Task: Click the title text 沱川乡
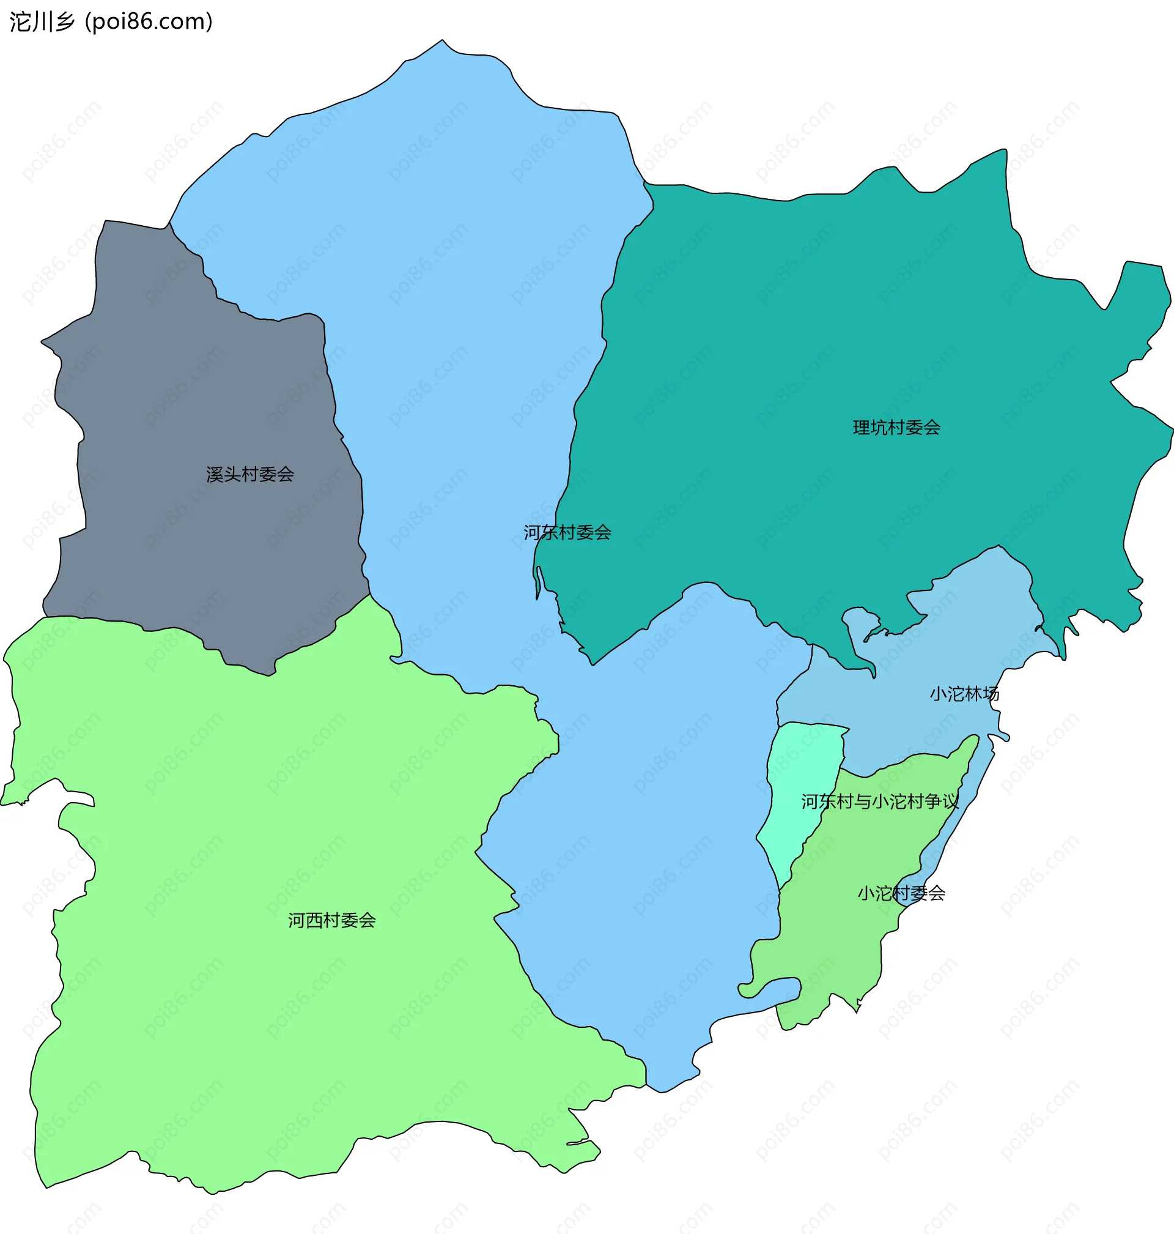click(43, 22)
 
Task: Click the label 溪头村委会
click(249, 475)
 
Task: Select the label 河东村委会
click(567, 533)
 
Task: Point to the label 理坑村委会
click(896, 428)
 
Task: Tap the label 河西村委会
click(331, 920)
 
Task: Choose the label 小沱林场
click(964, 694)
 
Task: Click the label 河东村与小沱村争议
click(880, 801)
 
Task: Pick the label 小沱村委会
click(901, 893)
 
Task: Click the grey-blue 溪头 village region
click(188, 407)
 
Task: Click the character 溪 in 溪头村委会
click(215, 475)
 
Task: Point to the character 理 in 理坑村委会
click(862, 428)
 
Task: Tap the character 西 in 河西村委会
click(314, 920)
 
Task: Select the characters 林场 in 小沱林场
click(982, 694)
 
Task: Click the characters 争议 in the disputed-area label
click(942, 801)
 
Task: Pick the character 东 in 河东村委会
click(550, 533)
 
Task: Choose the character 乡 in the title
click(65, 22)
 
